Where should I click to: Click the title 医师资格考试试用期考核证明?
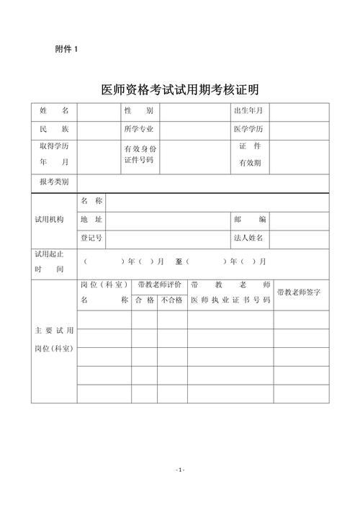180,90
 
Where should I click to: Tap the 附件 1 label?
66,49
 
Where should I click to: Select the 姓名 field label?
54,111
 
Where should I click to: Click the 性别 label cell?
139,111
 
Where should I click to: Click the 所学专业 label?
139,129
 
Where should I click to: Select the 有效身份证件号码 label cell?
139,154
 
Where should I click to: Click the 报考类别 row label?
54,182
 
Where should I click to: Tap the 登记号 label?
91,237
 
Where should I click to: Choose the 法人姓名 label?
248,237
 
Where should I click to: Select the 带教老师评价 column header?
159,285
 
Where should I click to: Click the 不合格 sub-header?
172,300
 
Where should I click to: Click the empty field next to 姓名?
99,111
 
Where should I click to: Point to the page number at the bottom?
180,470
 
